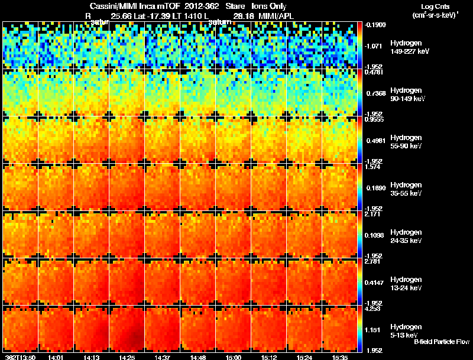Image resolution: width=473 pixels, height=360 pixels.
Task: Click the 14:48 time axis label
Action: coord(198,357)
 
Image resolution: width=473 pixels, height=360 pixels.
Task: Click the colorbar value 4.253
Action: coord(372,308)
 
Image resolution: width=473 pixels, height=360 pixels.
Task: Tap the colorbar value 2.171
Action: coord(372,214)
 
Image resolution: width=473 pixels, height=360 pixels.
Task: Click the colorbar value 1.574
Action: coord(372,167)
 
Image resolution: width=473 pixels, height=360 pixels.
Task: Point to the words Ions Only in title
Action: coord(270,6)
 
